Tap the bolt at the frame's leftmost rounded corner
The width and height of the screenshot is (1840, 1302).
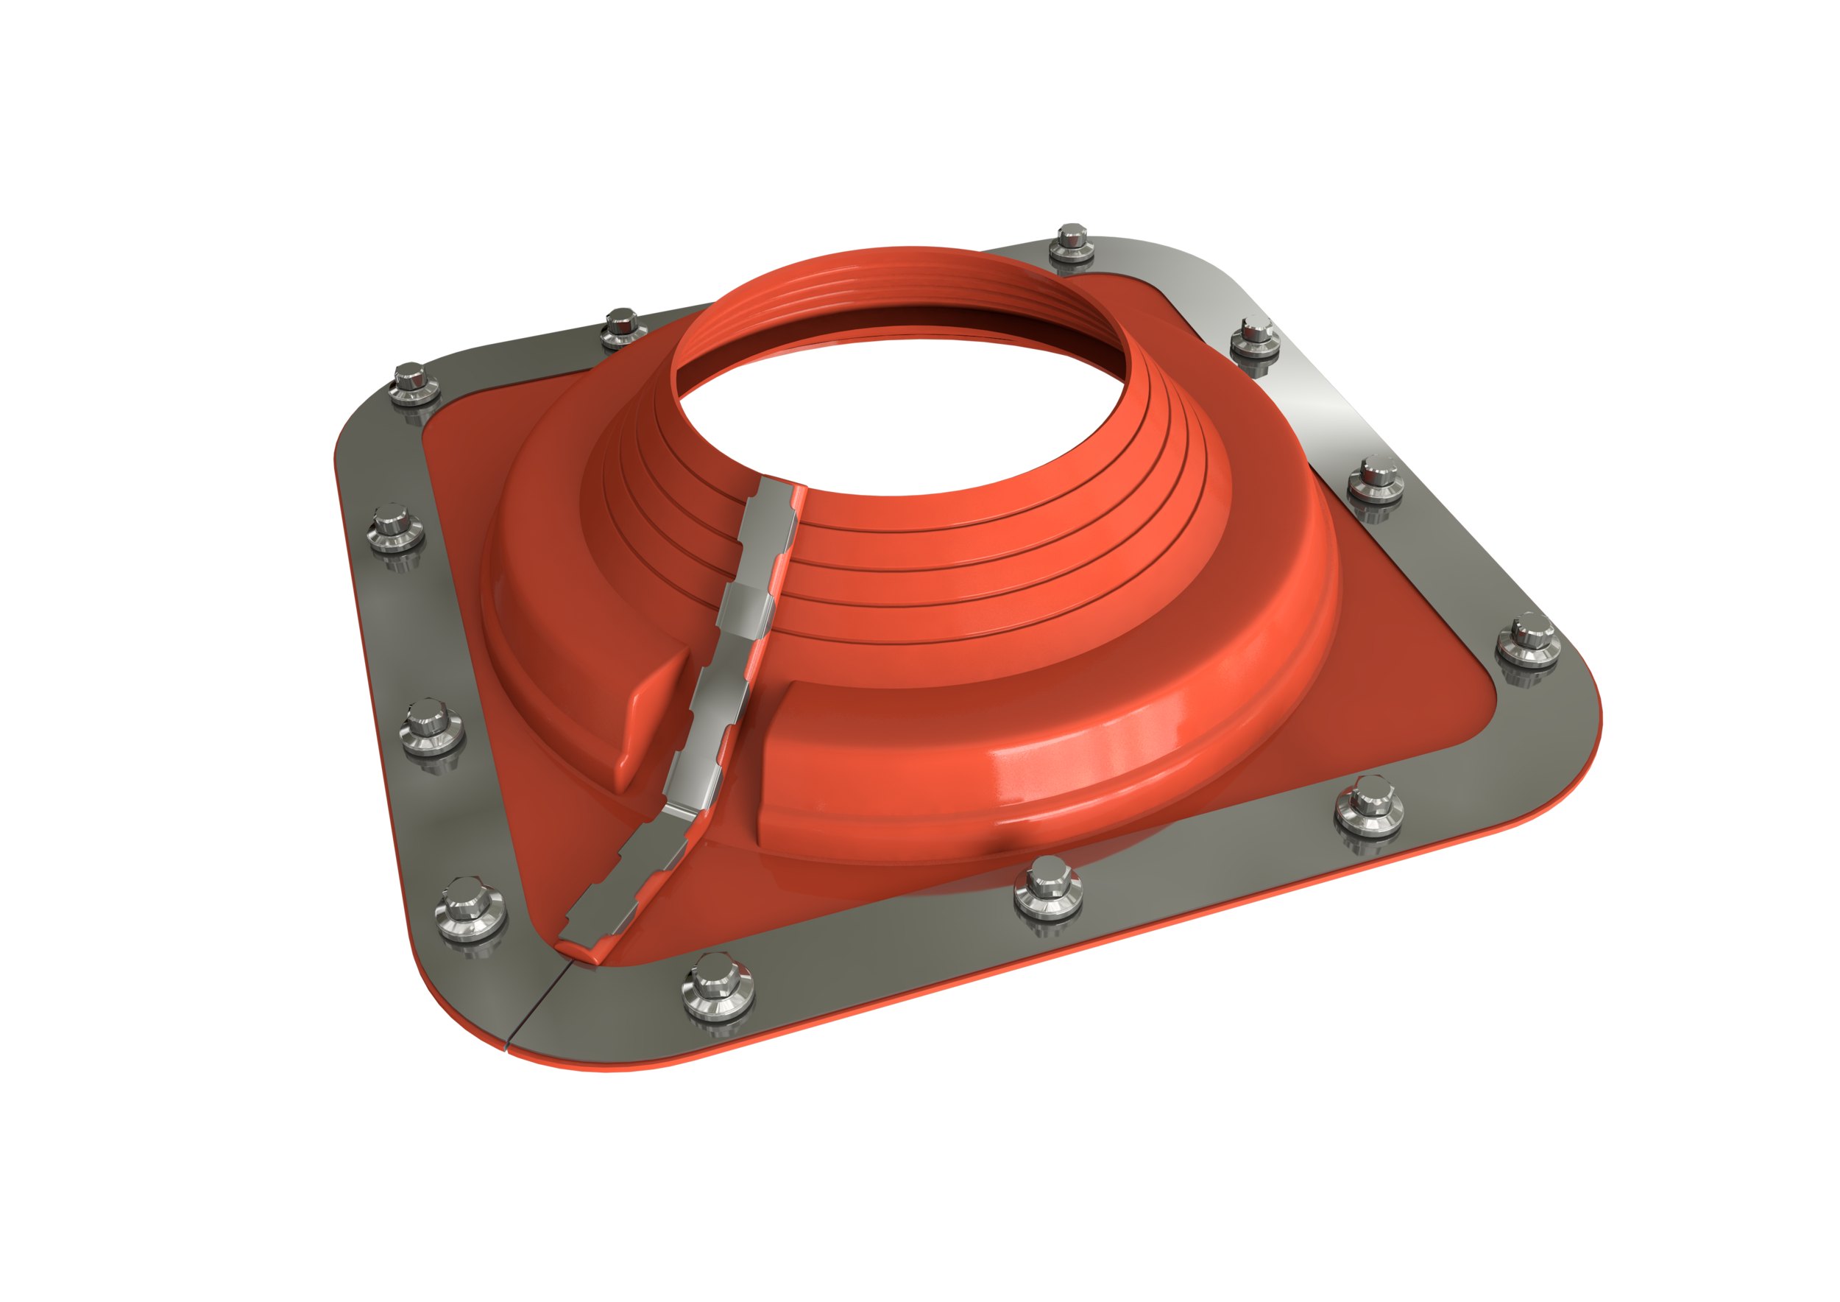point(414,381)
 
